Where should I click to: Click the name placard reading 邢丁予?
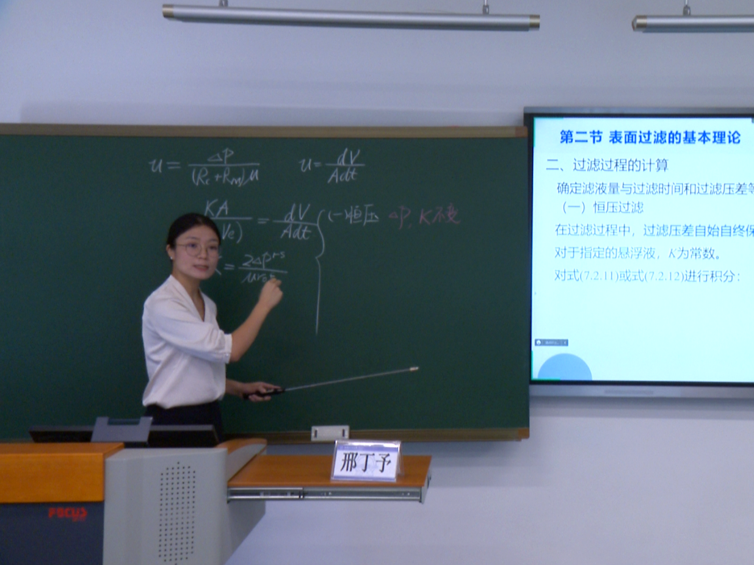tap(366, 460)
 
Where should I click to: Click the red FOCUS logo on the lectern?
tap(68, 513)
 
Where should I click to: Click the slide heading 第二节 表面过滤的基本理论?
tap(650, 138)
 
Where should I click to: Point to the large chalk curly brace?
tap(319, 268)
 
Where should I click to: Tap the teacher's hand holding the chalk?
tap(270, 295)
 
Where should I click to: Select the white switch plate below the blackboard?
tap(330, 433)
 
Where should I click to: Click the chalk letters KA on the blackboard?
tap(217, 209)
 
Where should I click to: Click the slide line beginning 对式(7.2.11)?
tap(646, 276)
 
